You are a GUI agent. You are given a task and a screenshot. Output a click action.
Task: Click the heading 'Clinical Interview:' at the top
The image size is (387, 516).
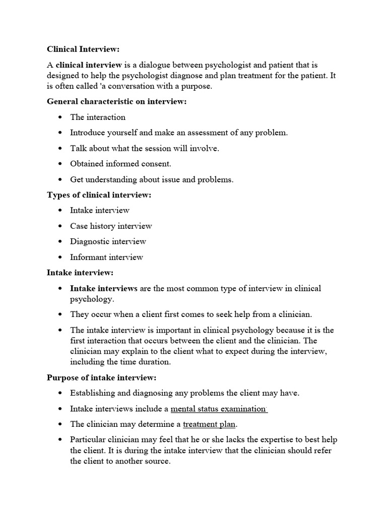(84, 49)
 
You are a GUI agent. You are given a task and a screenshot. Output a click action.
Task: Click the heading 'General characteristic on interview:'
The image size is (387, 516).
(116, 101)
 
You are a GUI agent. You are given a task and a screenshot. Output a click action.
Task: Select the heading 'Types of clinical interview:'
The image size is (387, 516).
(99, 195)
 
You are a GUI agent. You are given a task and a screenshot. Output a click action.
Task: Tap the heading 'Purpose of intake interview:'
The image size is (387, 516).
(102, 377)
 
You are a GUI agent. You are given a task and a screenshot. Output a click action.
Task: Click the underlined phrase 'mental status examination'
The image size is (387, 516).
(219, 409)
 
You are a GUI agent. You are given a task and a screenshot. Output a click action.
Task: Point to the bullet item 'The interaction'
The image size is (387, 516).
(98, 117)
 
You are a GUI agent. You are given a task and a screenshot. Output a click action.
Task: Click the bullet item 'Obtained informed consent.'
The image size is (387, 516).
(120, 163)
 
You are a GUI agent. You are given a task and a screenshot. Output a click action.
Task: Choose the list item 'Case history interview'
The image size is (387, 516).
(111, 226)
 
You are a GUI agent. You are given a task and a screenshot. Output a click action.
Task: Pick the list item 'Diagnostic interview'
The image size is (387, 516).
(108, 241)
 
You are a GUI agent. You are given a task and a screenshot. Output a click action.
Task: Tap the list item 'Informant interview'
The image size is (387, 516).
(106, 257)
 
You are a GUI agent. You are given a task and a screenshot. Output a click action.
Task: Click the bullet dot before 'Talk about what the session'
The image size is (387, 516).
(60, 148)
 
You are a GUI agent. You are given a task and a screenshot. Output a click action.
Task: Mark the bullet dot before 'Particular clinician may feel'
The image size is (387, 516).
(60, 440)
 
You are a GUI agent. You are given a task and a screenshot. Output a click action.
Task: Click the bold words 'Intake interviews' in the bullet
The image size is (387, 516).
(104, 288)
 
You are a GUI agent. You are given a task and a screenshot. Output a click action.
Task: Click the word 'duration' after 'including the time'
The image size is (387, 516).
(155, 361)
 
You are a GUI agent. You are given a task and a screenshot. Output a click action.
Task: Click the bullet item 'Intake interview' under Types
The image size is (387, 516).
(100, 210)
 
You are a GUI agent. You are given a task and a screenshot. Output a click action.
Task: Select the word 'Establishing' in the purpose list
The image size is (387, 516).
(93, 393)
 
